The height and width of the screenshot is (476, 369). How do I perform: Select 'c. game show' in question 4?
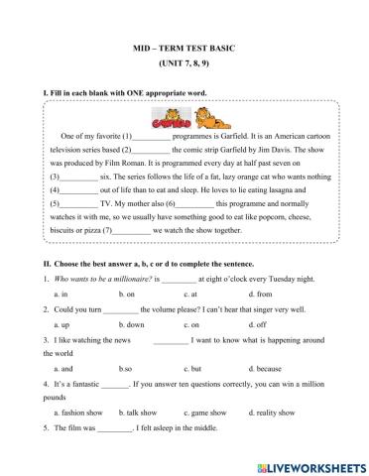click(205, 412)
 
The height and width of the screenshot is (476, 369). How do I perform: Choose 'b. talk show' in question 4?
click(139, 412)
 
